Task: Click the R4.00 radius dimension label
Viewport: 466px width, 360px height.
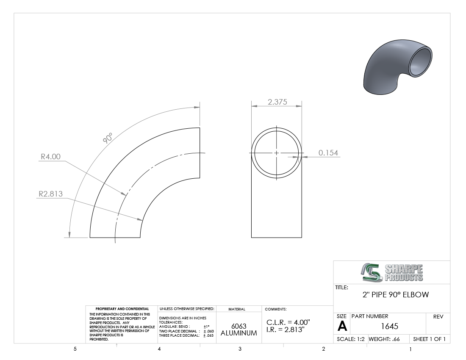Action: click(x=50, y=157)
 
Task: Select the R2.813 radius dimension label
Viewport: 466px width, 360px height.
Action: click(x=51, y=194)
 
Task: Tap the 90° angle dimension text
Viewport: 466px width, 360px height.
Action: click(x=108, y=138)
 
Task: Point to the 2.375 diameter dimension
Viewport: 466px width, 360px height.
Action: click(x=277, y=102)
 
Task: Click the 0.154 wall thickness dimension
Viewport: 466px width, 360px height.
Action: click(x=328, y=152)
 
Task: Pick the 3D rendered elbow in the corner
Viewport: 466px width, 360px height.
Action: click(x=398, y=67)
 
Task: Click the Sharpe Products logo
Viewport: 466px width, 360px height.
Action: click(x=392, y=272)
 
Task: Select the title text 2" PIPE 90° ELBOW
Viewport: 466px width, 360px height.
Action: click(x=396, y=295)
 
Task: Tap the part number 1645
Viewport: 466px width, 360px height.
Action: click(x=389, y=327)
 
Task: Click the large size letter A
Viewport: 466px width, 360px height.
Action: click(x=342, y=327)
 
